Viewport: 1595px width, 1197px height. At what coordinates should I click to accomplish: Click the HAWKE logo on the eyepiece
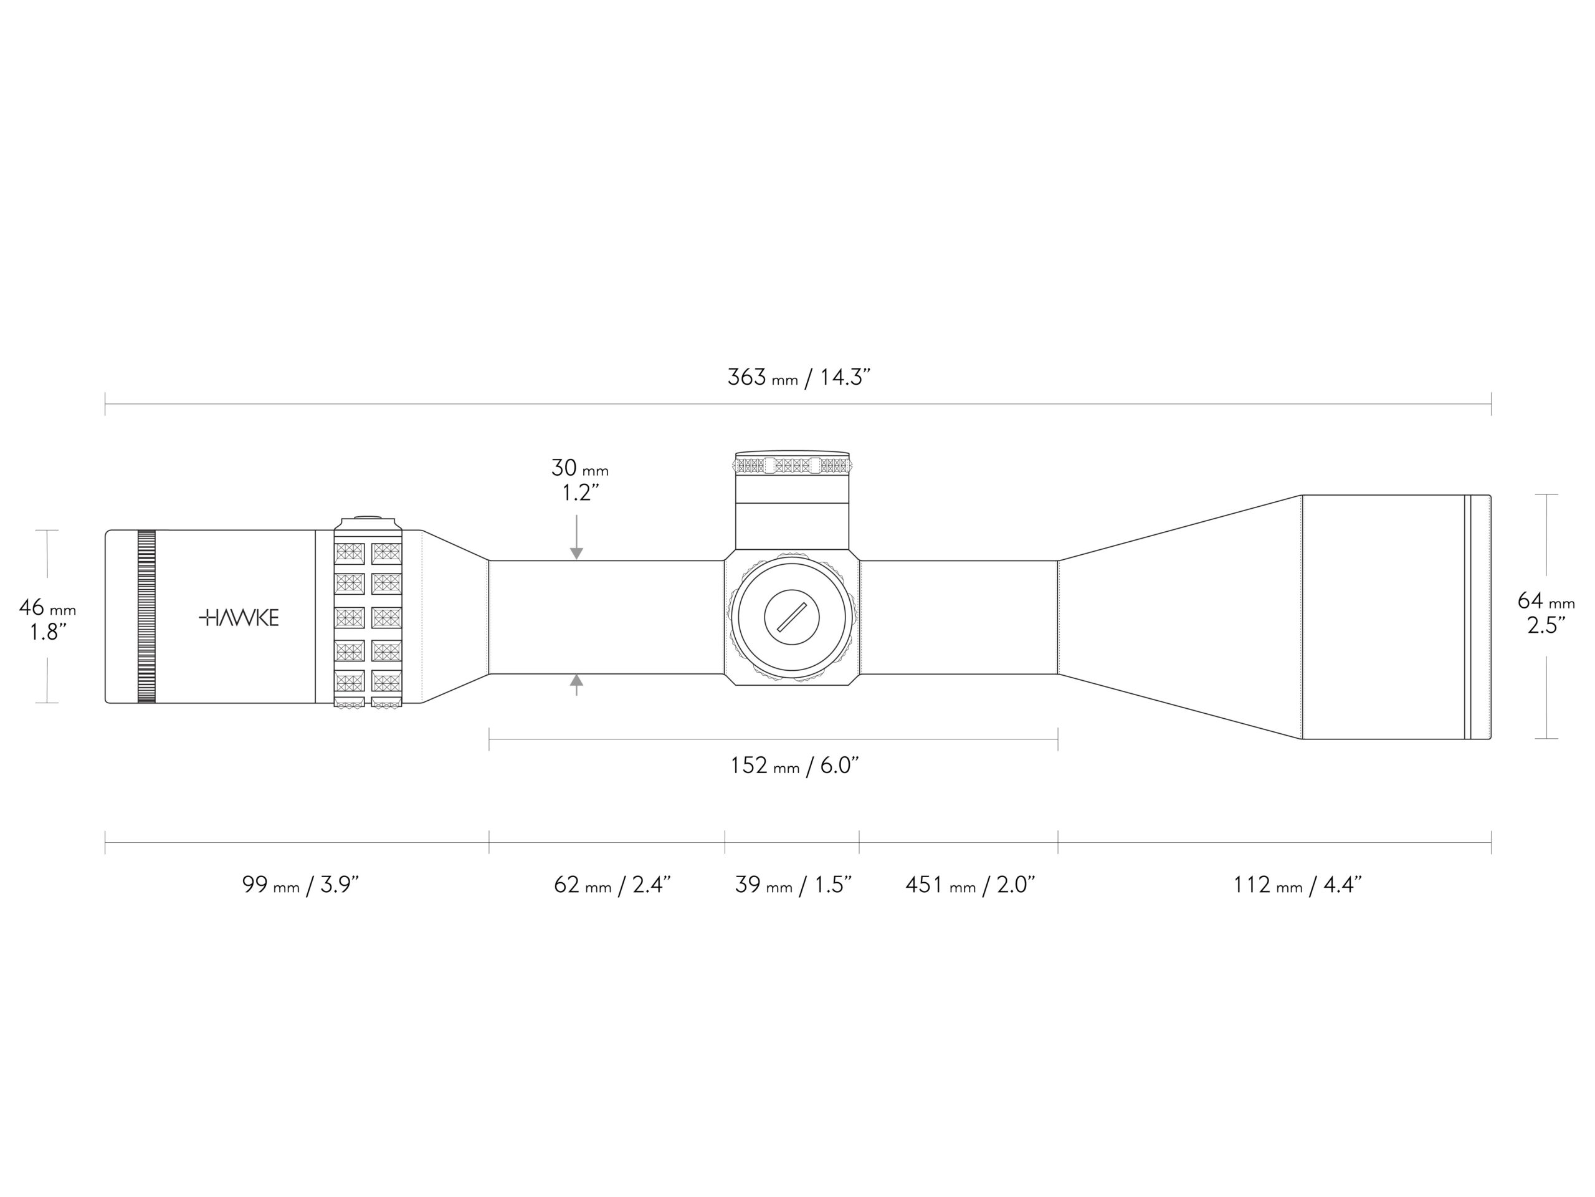pos(239,618)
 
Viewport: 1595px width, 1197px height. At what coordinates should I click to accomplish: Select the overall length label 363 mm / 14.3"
pos(798,377)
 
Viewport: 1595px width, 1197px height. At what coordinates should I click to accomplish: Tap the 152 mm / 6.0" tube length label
pos(794,766)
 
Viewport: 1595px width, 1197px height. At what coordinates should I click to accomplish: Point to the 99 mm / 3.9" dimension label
pos(300,885)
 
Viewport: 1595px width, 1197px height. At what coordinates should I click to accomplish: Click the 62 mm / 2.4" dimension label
pos(612,885)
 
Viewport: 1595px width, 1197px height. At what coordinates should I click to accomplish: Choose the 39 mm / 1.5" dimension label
pos(793,885)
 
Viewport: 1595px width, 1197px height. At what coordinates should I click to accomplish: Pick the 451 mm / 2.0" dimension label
pos(970,885)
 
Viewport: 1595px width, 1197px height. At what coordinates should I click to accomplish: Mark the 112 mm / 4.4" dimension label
pos(1297,885)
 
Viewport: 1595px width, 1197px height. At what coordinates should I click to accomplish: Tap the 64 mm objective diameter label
pos(1546,601)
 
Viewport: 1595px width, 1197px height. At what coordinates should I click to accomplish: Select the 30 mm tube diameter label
pos(579,468)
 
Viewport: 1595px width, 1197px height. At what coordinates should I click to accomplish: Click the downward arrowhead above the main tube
pos(576,554)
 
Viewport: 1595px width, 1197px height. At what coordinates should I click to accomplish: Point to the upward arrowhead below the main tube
pos(576,680)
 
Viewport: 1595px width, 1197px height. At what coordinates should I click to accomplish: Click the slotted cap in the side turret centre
pos(792,617)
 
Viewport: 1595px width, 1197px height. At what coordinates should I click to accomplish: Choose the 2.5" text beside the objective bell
pos(1546,625)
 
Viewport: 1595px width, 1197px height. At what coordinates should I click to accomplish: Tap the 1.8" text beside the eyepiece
pos(47,633)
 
